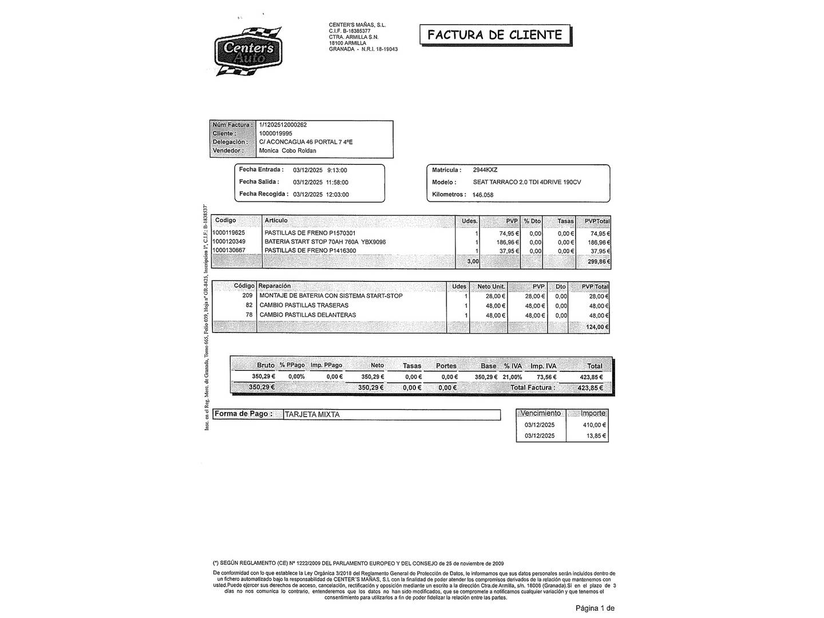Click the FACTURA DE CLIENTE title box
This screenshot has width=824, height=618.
click(495, 35)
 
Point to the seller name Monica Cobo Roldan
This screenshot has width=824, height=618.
click(287, 151)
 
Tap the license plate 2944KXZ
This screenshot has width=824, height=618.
click(485, 170)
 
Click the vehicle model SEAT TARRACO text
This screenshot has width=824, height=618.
click(527, 182)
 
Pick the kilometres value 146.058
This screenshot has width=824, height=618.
click(483, 195)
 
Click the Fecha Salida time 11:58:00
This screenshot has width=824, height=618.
click(337, 183)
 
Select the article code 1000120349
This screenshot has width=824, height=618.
click(228, 242)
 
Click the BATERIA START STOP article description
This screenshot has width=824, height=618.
click(325, 242)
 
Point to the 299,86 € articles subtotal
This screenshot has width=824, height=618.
click(599, 262)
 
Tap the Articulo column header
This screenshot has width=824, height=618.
click(276, 221)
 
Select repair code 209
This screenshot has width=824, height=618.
click(247, 296)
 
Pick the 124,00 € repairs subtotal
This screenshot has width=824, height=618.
click(597, 327)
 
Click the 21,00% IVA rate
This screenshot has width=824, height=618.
click(512, 377)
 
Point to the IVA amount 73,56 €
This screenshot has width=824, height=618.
click(546, 377)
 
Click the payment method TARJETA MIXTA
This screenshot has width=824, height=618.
click(312, 414)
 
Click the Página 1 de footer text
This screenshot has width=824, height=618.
click(595, 608)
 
